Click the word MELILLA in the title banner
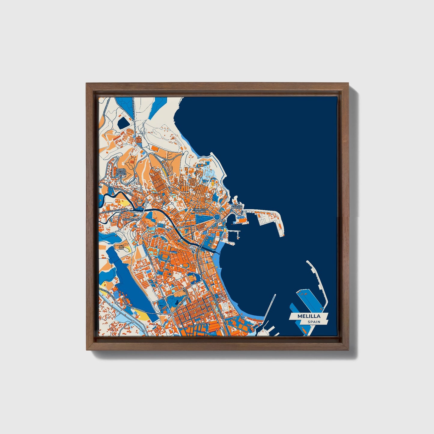pos(309,316)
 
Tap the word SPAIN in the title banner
pos(314,322)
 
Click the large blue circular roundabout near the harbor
pos(217,217)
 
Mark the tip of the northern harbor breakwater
pos(282,235)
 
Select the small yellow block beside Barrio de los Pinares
pos(165,171)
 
